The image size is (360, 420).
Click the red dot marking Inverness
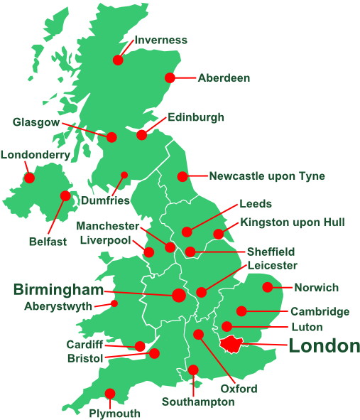118,60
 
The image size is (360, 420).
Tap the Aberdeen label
224,77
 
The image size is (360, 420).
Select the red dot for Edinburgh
142,134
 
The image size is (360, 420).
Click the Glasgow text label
36,122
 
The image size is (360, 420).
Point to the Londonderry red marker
30,177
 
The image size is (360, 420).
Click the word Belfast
48,241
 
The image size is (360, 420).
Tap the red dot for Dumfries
124,175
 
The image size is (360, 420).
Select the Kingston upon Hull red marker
219,234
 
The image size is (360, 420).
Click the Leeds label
256,203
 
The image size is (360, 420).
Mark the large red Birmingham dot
179,294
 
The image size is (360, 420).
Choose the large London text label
324,346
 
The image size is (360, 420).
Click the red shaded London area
231,344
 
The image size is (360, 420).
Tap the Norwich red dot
267,287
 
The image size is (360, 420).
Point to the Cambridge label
320,311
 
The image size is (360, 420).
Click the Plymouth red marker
110,393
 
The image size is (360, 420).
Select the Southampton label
198,402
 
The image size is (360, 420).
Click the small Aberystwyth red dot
114,303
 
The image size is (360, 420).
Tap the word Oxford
239,389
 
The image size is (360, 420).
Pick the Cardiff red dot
140,346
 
